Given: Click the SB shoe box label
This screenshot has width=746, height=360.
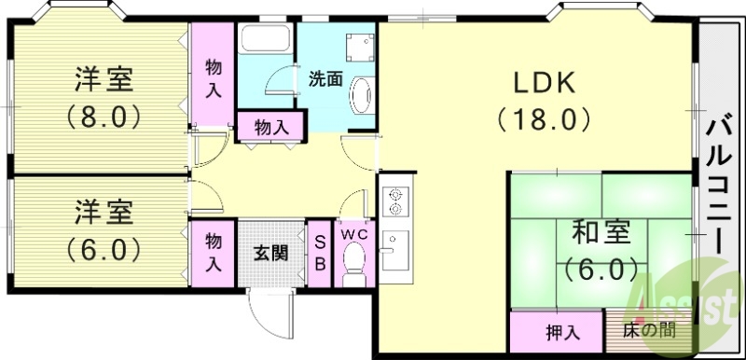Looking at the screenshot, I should [318, 253].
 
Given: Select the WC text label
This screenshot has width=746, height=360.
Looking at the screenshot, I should [353, 233].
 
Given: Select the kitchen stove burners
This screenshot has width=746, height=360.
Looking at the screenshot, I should [395, 200].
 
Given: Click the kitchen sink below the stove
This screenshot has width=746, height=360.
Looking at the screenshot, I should [394, 250].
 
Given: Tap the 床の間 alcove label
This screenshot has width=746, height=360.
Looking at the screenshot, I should [649, 331].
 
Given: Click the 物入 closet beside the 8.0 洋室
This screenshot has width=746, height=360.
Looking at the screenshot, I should [214, 76].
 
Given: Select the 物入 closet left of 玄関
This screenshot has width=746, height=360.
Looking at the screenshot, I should [214, 251].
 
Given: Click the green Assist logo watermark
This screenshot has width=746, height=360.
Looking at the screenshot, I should [687, 303].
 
